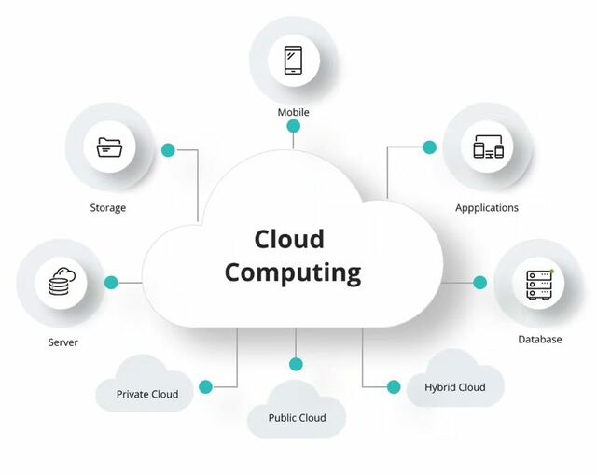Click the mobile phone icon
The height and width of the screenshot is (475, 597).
pyautogui.click(x=294, y=61)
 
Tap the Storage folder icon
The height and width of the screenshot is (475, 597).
pyautogui.click(x=109, y=147)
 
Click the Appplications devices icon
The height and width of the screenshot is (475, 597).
pyautogui.click(x=488, y=147)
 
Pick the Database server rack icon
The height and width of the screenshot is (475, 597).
pyautogui.click(x=538, y=283)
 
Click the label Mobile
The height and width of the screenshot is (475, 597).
pyautogui.click(x=293, y=113)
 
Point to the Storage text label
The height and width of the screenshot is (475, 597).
pyautogui.click(x=107, y=208)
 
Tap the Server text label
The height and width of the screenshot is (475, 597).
pyautogui.click(x=63, y=342)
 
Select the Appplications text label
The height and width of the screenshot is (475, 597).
pyautogui.click(x=487, y=207)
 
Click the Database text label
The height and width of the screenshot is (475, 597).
pyautogui.click(x=540, y=340)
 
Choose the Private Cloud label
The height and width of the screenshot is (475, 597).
pyautogui.click(x=147, y=394)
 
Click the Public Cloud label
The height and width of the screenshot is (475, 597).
pyautogui.click(x=297, y=418)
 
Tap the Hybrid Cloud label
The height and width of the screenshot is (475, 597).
pyautogui.click(x=454, y=387)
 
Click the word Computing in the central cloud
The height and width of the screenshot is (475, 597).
pyautogui.click(x=292, y=273)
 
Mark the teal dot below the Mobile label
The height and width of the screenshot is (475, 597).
pyautogui.click(x=293, y=126)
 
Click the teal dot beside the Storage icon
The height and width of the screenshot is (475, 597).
pyautogui.click(x=168, y=149)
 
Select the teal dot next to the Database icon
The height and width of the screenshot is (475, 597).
pyautogui.click(x=479, y=282)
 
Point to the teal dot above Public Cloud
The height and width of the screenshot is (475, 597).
pyautogui.click(x=296, y=364)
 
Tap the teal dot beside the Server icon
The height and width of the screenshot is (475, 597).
pyautogui.click(x=111, y=282)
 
